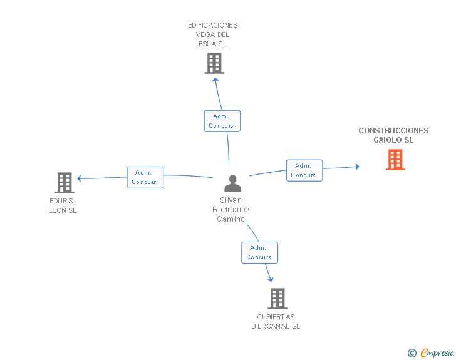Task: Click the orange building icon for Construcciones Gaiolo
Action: pos(395,160)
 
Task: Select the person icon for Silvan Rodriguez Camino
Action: pos(232,183)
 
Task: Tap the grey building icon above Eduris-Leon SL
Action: pos(65,182)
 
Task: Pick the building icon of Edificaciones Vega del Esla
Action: pos(214,63)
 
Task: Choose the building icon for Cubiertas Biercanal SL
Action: pos(277,299)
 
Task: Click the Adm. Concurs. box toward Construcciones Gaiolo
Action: pos(304,170)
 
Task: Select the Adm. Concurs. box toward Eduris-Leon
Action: pos(145,177)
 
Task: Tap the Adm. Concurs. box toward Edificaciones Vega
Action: pos(222,121)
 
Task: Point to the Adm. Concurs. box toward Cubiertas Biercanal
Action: pos(259,252)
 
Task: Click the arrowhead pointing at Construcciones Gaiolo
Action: pos(357,167)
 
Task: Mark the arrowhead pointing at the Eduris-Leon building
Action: pos(80,178)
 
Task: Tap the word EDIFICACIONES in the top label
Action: pos(213,26)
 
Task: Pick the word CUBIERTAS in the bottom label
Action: pos(276,317)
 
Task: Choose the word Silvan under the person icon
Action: pos(231,200)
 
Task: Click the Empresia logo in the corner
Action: pos(437,352)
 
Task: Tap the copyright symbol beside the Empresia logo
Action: pos(412,353)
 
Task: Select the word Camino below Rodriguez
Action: pos(231,219)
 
